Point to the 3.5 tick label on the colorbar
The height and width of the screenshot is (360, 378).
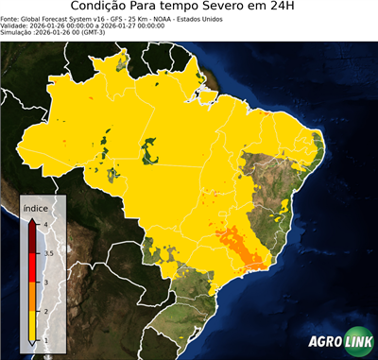pyautogui.click(x=47, y=253)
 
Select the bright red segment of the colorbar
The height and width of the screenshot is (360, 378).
pyautogui.click(x=33, y=267)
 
